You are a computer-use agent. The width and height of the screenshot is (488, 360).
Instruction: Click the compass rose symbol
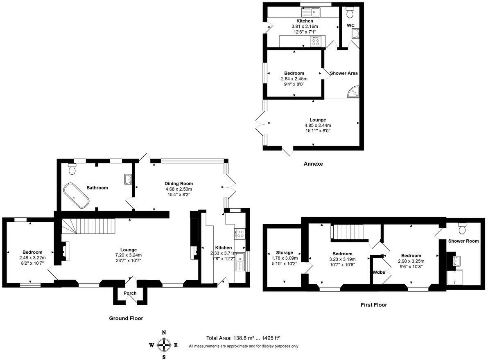[164, 345]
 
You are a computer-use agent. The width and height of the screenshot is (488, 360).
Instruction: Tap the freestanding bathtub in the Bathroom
[77, 196]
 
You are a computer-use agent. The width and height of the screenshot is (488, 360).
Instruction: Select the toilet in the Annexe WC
[350, 13]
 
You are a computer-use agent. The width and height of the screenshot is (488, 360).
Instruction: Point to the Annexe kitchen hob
[316, 41]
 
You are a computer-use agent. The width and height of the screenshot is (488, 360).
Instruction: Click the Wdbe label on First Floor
[378, 272]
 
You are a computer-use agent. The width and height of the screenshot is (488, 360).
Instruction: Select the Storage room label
[284, 253]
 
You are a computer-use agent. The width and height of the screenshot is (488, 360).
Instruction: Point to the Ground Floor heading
[126, 318]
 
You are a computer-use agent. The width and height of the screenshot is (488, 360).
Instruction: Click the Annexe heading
[313, 164]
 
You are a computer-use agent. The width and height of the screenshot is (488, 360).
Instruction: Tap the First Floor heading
[373, 305]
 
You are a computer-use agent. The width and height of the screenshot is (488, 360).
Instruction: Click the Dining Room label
[178, 184]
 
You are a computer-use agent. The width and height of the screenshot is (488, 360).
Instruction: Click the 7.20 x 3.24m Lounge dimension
[128, 255]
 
